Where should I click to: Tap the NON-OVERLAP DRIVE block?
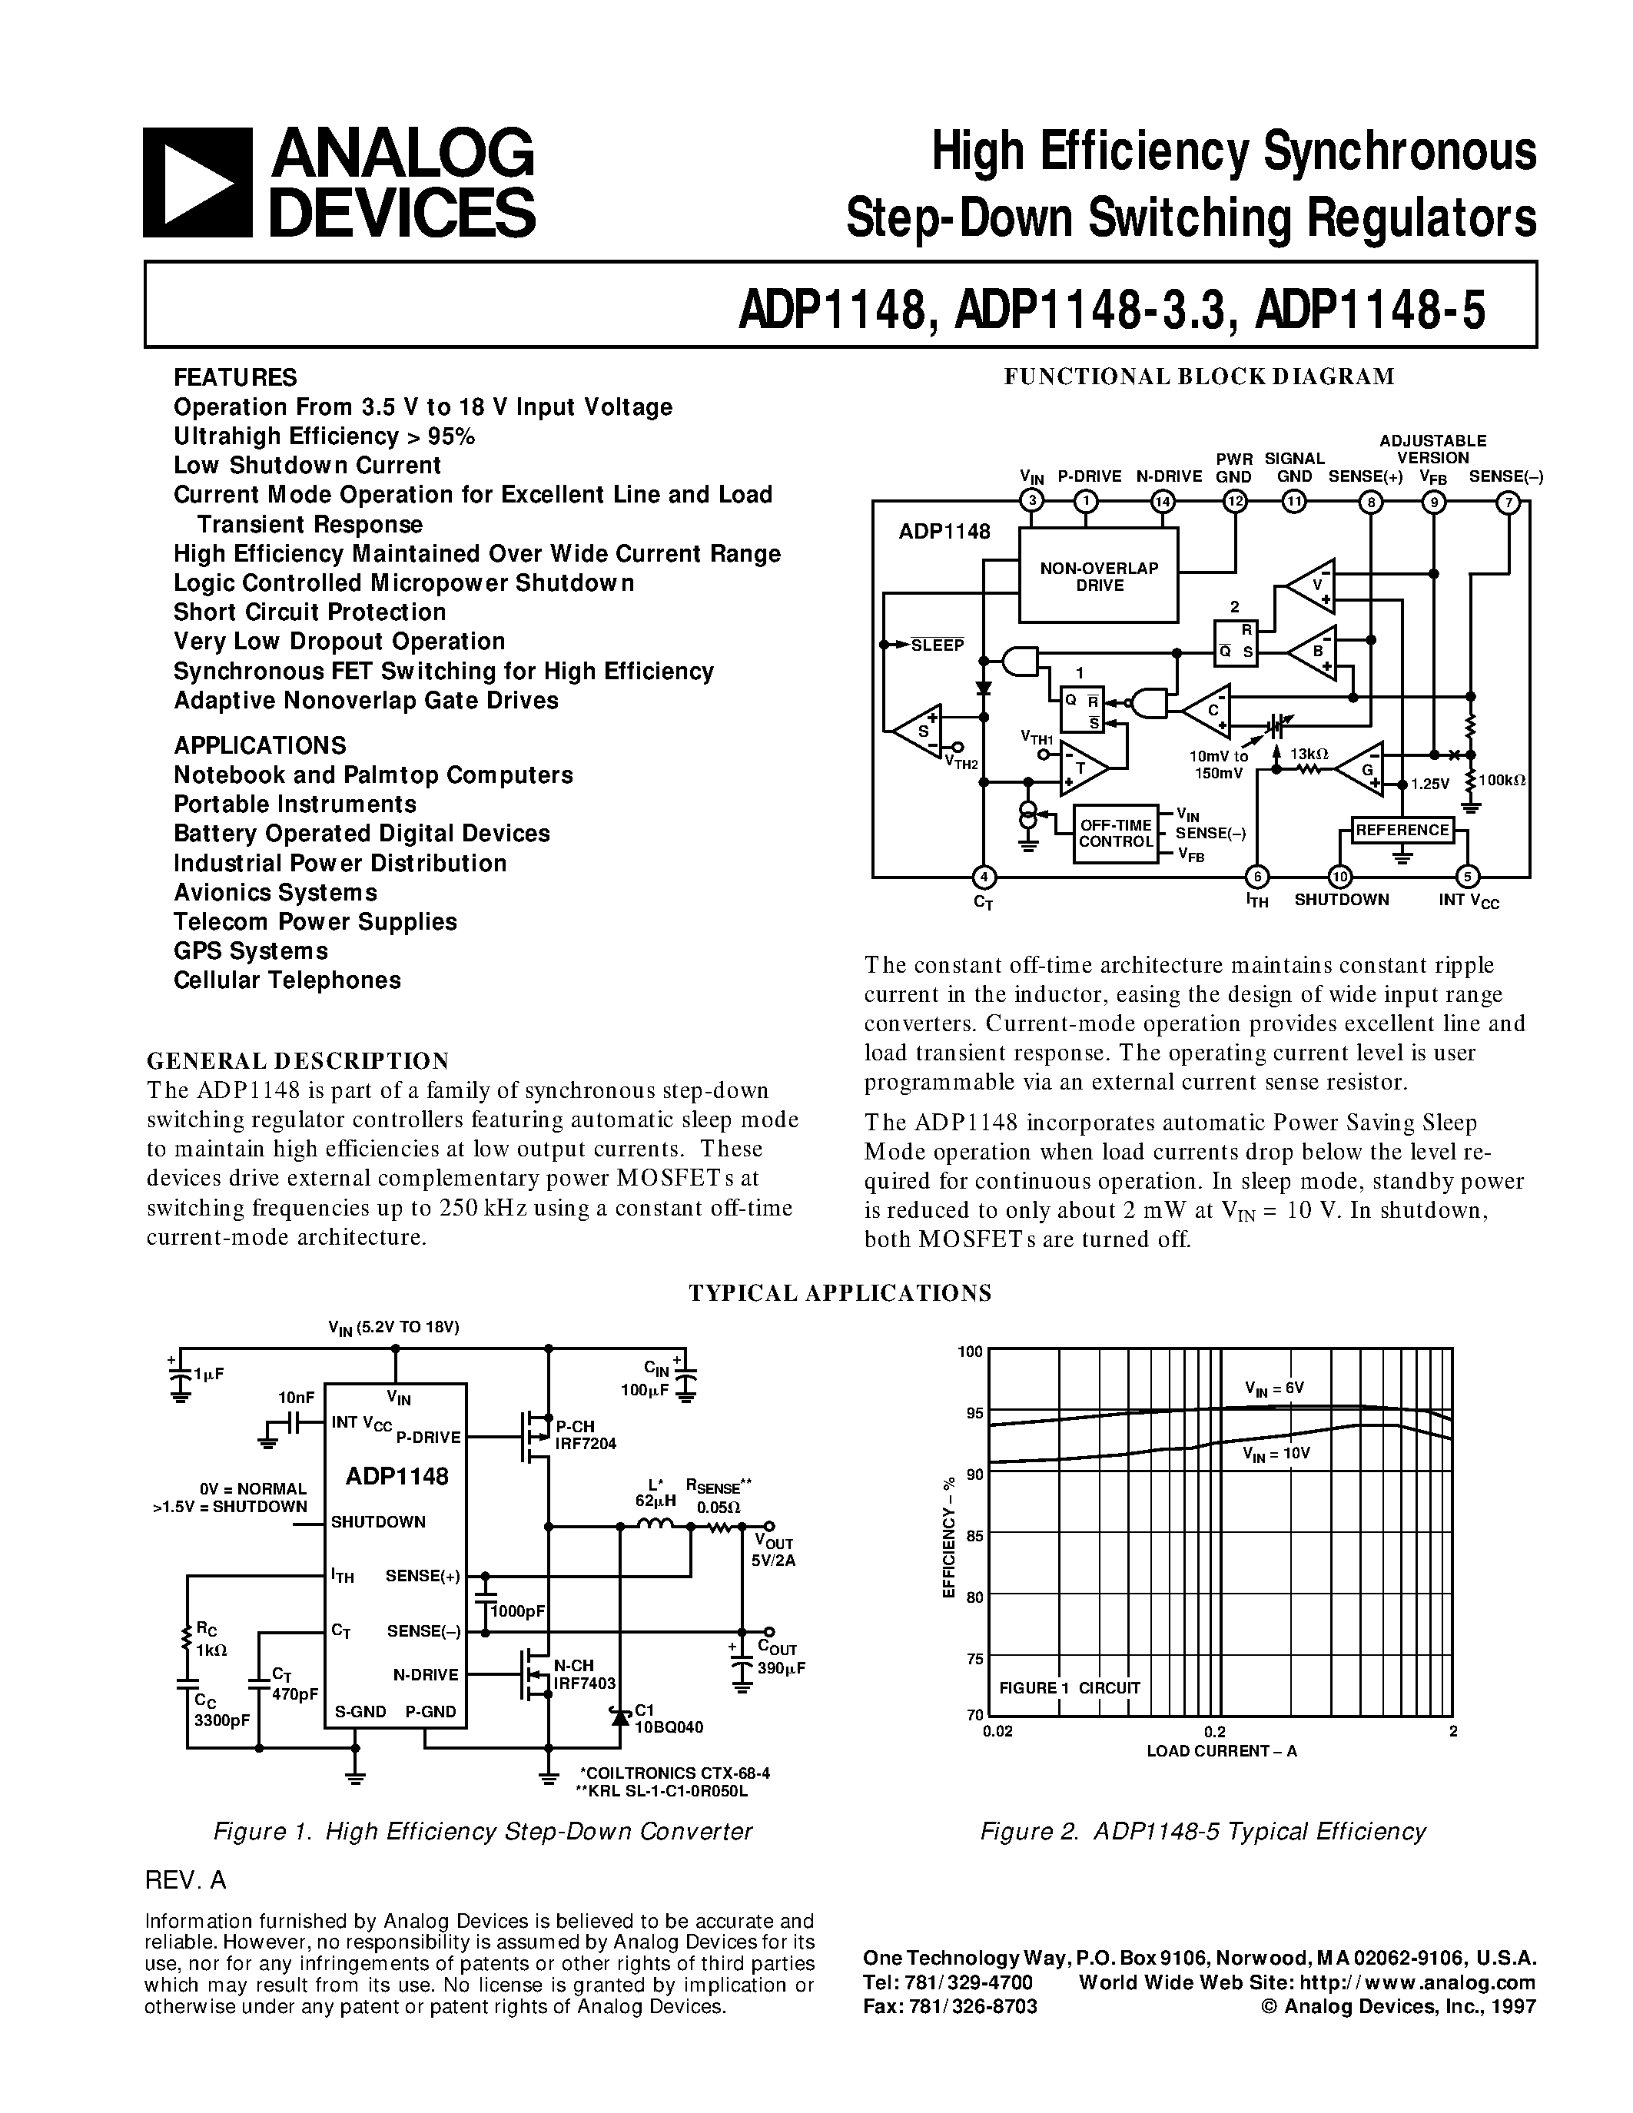(1099, 576)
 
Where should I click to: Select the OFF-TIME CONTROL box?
(1115, 833)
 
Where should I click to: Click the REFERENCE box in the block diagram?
(1402, 830)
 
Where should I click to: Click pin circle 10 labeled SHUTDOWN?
(1340, 877)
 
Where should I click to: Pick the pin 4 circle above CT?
(984, 877)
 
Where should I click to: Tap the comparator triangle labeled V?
(1311, 586)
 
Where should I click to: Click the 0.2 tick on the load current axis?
(1215, 1732)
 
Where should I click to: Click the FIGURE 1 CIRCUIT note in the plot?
(1070, 1687)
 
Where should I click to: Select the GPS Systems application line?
(251, 951)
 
